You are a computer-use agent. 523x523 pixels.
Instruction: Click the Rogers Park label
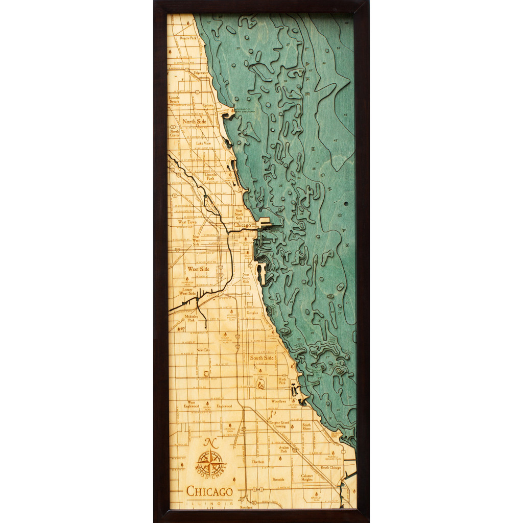(188, 38)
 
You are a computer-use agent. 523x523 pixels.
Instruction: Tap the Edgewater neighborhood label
(201, 73)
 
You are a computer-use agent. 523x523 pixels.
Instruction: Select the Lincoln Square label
(175, 99)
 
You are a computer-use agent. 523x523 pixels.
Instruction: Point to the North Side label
(195, 122)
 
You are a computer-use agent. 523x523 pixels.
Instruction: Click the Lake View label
(203, 143)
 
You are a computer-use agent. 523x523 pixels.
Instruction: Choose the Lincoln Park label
(210, 176)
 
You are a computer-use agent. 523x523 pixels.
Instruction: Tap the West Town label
(187, 222)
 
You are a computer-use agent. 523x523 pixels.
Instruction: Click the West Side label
(198, 269)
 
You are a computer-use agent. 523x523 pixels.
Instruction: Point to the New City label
(203, 350)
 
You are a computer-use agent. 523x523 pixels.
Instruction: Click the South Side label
(261, 358)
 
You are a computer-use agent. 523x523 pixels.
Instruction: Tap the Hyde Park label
(282, 381)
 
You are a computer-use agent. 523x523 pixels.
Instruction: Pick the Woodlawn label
(279, 401)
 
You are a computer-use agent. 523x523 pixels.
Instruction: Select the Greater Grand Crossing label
(280, 424)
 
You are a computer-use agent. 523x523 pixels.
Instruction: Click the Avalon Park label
(283, 449)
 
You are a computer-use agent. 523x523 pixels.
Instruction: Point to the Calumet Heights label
(306, 478)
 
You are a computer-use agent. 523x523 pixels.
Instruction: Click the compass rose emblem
(210, 464)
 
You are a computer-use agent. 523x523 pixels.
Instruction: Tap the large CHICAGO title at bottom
(209, 491)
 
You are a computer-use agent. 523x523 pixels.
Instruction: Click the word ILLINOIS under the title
(209, 504)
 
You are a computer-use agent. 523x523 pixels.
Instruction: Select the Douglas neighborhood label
(252, 313)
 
